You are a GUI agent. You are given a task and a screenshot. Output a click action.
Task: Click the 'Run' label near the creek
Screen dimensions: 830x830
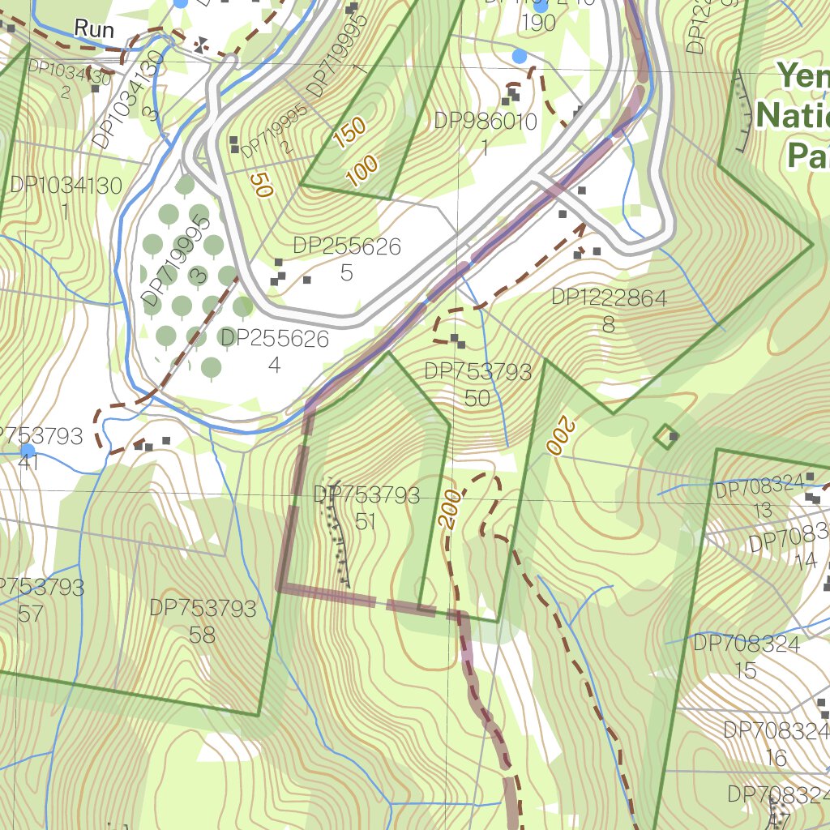pos(94,28)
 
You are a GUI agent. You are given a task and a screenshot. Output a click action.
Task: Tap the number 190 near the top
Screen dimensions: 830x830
pos(538,23)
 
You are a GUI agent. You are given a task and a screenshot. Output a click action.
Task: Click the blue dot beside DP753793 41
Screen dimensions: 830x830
pos(28,450)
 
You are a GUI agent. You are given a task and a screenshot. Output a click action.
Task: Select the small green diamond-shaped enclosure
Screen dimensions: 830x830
pos(666,437)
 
